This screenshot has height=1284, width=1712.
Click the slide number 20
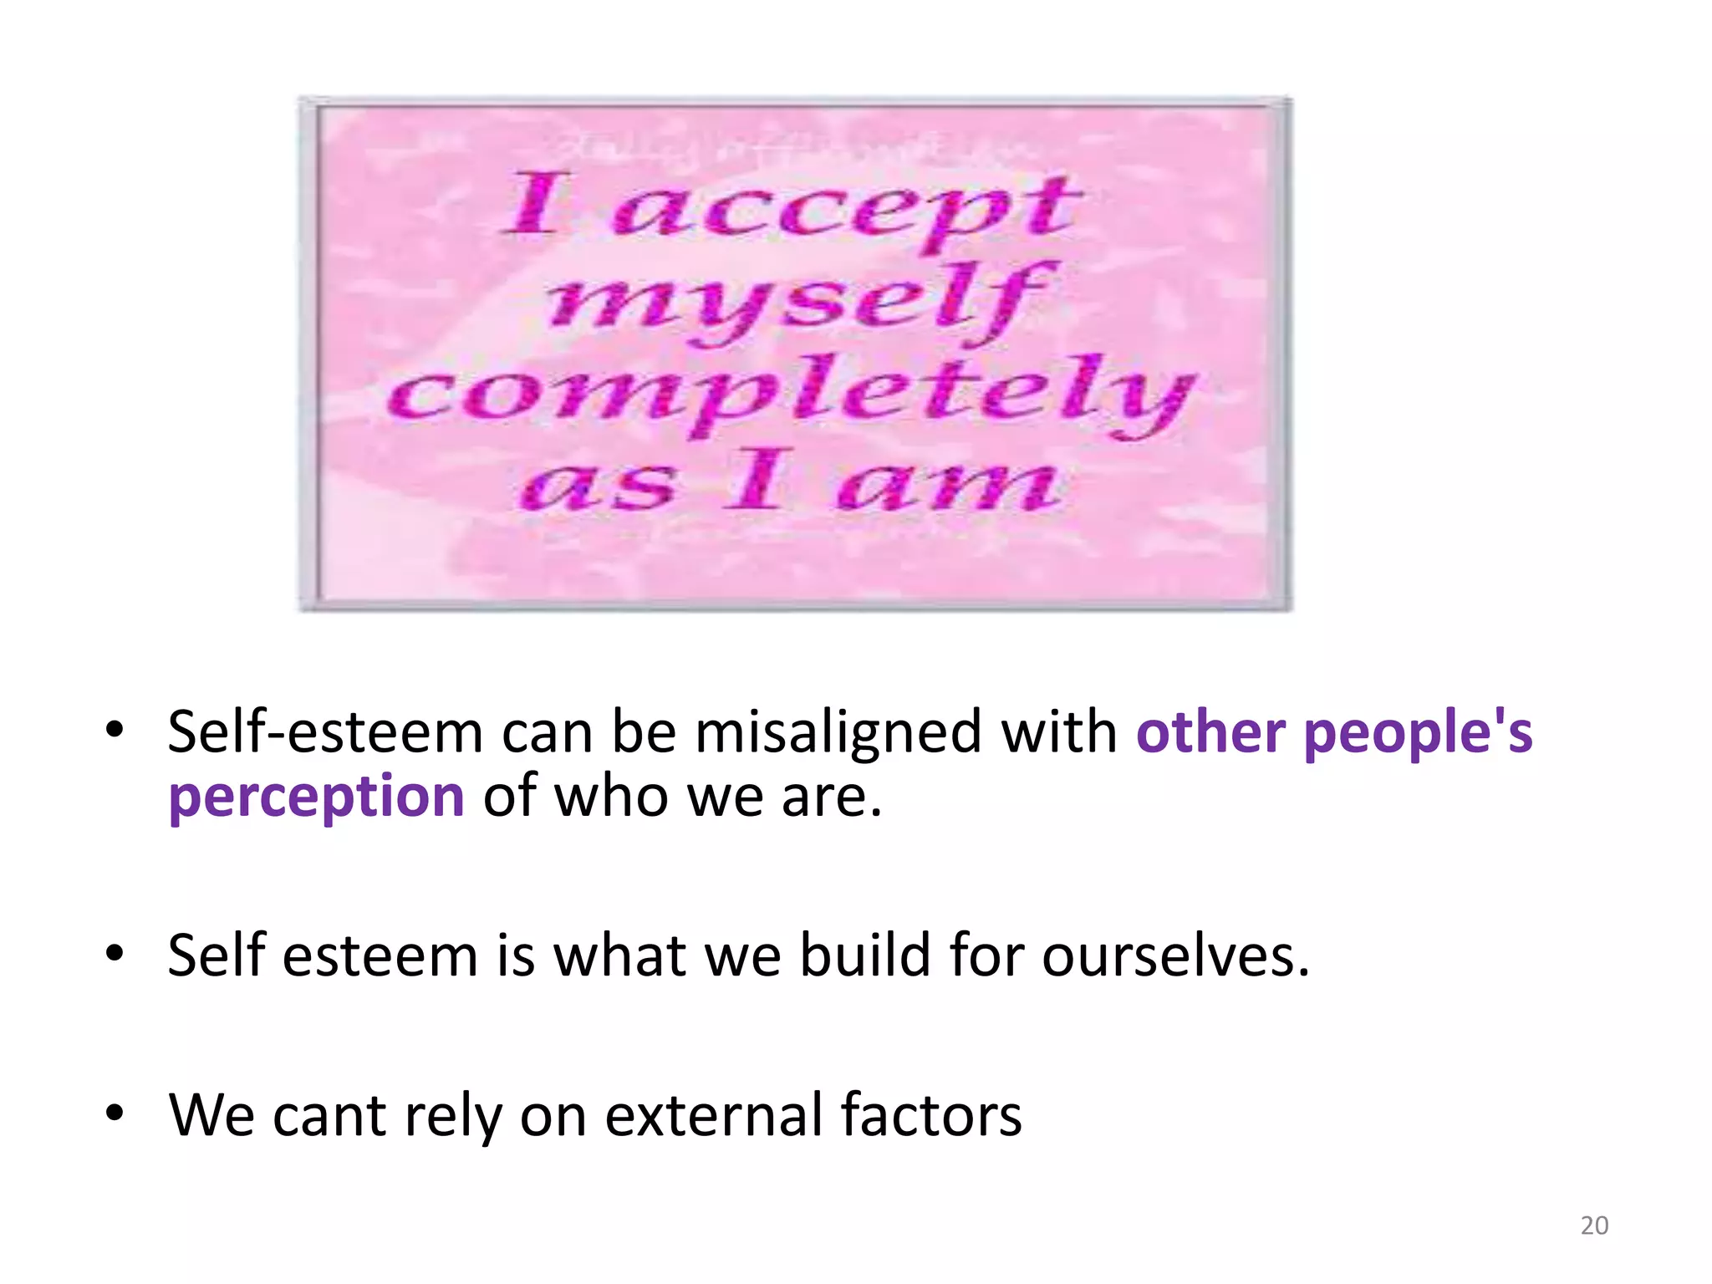point(1594,1225)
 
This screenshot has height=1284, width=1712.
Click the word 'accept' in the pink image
point(844,209)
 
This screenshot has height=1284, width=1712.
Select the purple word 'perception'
point(316,796)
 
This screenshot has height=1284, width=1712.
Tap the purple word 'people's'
point(1418,732)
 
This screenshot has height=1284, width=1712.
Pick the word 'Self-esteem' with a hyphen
point(324,732)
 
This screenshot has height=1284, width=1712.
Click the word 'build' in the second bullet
point(864,955)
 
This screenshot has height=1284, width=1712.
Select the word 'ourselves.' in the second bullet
point(1175,955)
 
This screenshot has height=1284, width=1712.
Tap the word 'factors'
point(930,1115)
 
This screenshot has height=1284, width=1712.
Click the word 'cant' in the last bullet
point(329,1115)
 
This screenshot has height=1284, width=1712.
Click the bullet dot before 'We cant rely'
point(115,1113)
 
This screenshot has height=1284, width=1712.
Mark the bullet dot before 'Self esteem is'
point(115,952)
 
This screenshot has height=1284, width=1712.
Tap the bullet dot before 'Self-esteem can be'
point(115,730)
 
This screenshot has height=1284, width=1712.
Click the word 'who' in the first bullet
point(610,796)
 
